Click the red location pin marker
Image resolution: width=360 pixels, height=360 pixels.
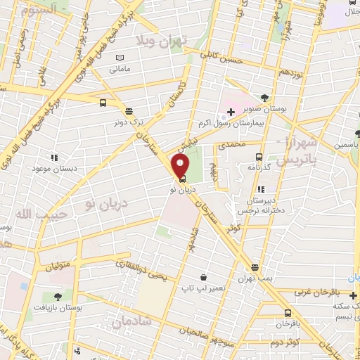pyautogui.click(x=181, y=166)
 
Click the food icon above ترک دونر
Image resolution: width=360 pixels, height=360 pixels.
pyautogui.click(x=129, y=110)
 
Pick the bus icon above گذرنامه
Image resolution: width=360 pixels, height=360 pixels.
pyautogui.click(x=259, y=157)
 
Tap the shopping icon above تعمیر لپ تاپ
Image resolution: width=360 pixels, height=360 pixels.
pyautogui.click(x=203, y=278)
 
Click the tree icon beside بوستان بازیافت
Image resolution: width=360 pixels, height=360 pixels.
pyautogui.click(x=56, y=297)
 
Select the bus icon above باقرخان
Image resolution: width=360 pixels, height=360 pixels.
pyautogui.click(x=288, y=314)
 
